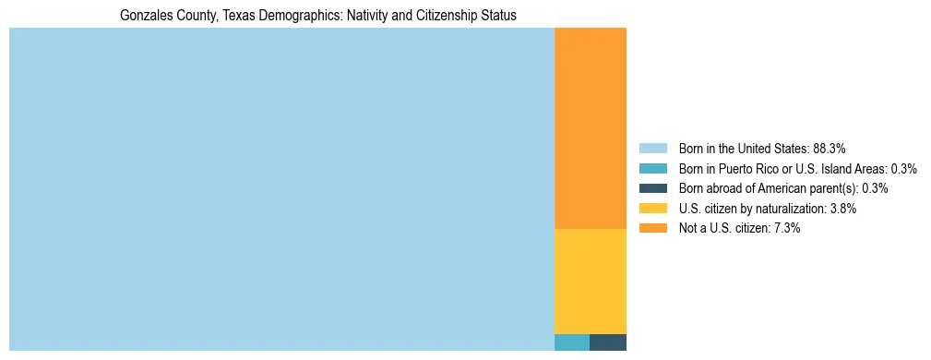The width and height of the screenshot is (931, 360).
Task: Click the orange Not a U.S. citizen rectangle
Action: pyautogui.click(x=590, y=128)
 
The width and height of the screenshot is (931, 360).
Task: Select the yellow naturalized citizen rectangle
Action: pyautogui.click(x=590, y=281)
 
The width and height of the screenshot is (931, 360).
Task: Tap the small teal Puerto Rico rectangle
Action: pyautogui.click(x=571, y=342)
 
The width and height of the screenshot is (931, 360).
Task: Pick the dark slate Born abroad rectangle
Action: pyautogui.click(x=608, y=342)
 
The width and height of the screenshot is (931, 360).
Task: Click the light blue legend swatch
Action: pyautogui.click(x=652, y=149)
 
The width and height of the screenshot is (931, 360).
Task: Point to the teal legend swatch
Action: pyautogui.click(x=652, y=169)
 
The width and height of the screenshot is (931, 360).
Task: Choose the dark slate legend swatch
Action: pyautogui.click(x=652, y=188)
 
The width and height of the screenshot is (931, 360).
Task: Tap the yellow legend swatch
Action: pyautogui.click(x=652, y=209)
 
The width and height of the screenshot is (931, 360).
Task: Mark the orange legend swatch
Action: pyautogui.click(x=652, y=228)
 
